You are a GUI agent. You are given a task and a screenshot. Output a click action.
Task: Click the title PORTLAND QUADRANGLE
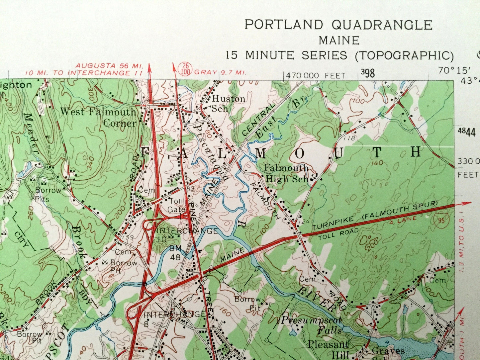click(x=338, y=25)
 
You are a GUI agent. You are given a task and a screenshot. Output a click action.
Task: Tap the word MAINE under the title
click(x=339, y=41)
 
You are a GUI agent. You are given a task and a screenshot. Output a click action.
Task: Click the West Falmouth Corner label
click(x=98, y=117)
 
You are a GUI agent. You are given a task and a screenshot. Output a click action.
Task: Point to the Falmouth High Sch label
click(x=286, y=173)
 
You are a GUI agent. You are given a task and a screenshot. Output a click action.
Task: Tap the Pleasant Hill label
click(x=328, y=349)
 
